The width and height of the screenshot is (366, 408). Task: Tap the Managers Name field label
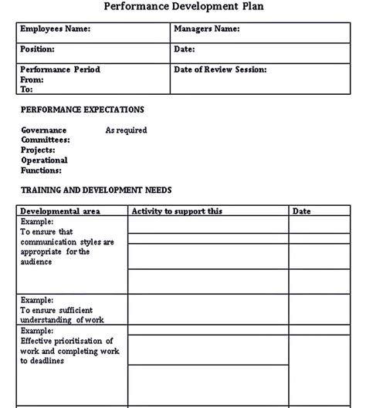(x=207, y=29)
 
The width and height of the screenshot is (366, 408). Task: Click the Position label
(x=37, y=49)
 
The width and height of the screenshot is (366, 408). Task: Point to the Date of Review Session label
(x=220, y=69)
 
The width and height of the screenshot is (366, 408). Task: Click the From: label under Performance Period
(x=32, y=79)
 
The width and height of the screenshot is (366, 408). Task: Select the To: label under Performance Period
(x=27, y=89)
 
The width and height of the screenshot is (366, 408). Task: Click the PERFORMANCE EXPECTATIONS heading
(x=82, y=110)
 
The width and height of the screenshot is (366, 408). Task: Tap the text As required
(x=126, y=130)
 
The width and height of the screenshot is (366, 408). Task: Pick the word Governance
(x=44, y=130)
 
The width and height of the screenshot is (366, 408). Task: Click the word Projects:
(x=39, y=150)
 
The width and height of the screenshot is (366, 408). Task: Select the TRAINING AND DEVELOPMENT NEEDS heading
(x=96, y=190)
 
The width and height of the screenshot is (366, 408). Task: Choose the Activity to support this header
(x=177, y=211)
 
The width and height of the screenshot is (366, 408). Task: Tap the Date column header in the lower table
(x=301, y=211)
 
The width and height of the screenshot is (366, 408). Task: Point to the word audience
(x=36, y=261)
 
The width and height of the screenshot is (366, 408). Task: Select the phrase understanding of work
(x=62, y=319)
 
